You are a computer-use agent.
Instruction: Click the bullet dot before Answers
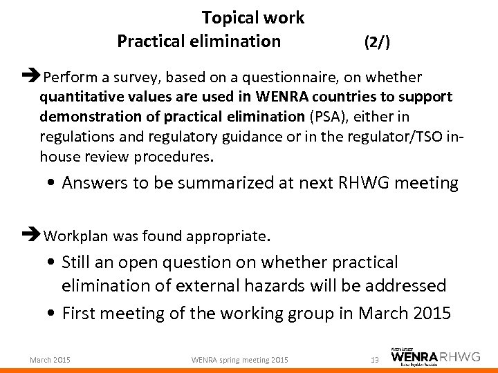tap(54, 184)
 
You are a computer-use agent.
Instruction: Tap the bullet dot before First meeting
tap(54, 313)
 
